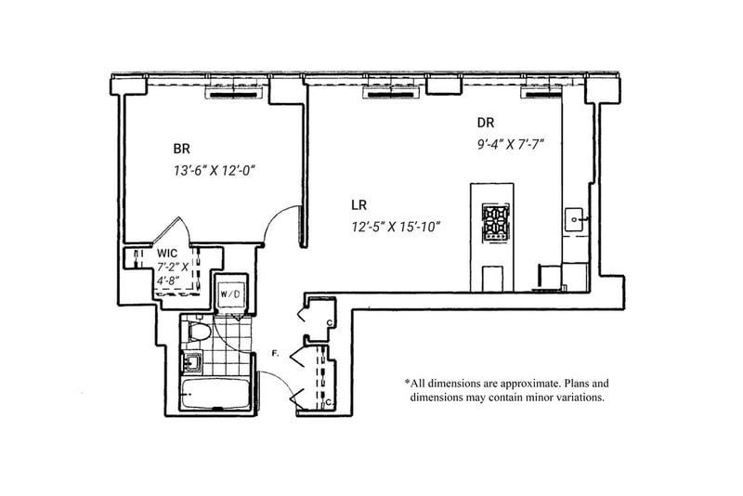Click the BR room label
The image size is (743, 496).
tap(181, 149)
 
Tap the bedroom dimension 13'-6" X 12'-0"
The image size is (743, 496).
tap(215, 171)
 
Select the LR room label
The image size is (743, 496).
tap(359, 205)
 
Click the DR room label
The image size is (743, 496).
tap(486, 123)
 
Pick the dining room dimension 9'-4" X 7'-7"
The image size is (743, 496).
tap(510, 144)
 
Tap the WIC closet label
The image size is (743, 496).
tap(167, 253)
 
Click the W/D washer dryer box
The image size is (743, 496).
tap(229, 294)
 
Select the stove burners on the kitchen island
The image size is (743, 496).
tap(495, 220)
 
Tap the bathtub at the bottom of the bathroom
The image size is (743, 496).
tap(215, 394)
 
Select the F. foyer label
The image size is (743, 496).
tap(274, 353)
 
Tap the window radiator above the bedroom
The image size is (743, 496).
tap(235, 94)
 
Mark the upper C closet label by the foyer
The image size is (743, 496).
tap(330, 323)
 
